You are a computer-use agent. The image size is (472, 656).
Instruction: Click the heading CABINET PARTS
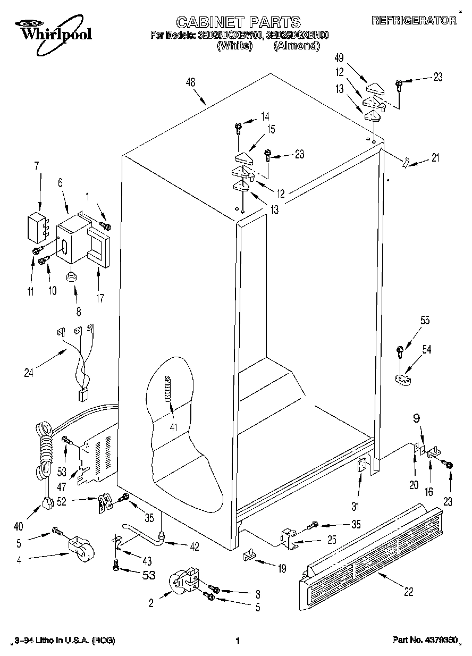pyautogui.click(x=238, y=22)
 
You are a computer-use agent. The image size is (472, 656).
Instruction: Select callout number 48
pyautogui.click(x=191, y=82)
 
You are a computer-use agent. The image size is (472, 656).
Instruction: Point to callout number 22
pyautogui.click(x=408, y=591)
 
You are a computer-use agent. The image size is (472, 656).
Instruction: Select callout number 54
pyautogui.click(x=426, y=349)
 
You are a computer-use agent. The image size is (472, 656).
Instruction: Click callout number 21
pyautogui.click(x=436, y=158)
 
